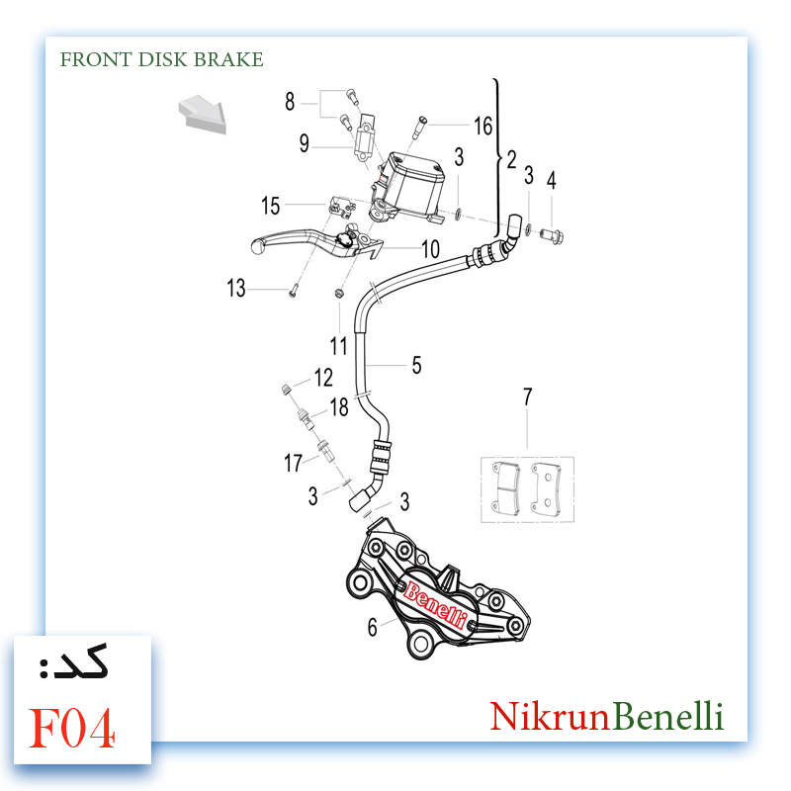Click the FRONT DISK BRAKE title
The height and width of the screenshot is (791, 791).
click(x=161, y=59)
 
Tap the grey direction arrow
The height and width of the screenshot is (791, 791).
click(x=203, y=115)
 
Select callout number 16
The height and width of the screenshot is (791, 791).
click(x=483, y=126)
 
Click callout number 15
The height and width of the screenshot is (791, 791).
click(x=270, y=206)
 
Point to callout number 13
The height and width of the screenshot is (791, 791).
click(x=235, y=288)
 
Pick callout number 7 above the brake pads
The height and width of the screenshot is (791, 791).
click(x=528, y=396)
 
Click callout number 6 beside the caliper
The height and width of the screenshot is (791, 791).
click(x=373, y=627)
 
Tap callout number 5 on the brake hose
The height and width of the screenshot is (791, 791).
click(x=416, y=365)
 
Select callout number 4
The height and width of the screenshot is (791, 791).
click(x=552, y=180)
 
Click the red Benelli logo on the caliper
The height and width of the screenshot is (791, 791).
click(x=435, y=604)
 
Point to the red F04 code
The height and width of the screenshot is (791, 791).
click(x=72, y=728)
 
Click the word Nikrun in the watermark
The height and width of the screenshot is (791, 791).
click(x=550, y=716)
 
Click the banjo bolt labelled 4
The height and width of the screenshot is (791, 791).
click(x=552, y=235)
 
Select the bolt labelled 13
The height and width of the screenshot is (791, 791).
click(x=294, y=291)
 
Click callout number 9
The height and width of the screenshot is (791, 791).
click(x=305, y=142)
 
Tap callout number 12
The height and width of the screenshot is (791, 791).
click(x=323, y=378)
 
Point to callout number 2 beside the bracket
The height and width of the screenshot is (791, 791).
click(x=511, y=159)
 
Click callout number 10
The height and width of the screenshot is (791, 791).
click(x=430, y=249)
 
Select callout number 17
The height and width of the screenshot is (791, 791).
click(x=293, y=463)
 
